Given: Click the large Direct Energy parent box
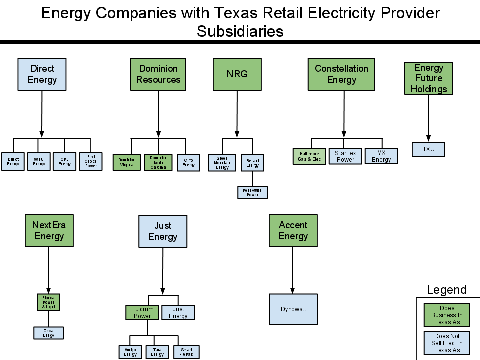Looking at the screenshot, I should [x=42, y=74].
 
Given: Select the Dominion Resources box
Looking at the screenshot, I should [x=158, y=74].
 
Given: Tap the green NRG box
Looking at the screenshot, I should [x=237, y=74].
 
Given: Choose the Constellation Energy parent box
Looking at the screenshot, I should [x=341, y=74].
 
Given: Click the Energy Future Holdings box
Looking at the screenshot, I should [x=428, y=78].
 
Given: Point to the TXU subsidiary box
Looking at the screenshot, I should [x=428, y=149].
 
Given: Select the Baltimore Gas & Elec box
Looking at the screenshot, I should [x=309, y=156].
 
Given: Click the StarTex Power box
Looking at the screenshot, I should [x=345, y=156].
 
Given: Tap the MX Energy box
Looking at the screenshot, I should [x=381, y=156].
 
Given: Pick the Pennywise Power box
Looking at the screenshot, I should [x=252, y=192].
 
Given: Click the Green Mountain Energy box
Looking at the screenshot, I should [x=222, y=163].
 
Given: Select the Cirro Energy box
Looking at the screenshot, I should [x=188, y=162].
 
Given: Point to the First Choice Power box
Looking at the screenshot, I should [x=91, y=161].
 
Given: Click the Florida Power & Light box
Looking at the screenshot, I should [x=49, y=302].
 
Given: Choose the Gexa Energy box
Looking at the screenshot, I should [x=48, y=333].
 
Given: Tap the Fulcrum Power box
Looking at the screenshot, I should [x=142, y=313].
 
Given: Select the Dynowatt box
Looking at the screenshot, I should [x=293, y=309].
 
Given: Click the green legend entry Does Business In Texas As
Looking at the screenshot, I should [x=447, y=315].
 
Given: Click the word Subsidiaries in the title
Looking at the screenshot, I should [x=240, y=31].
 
